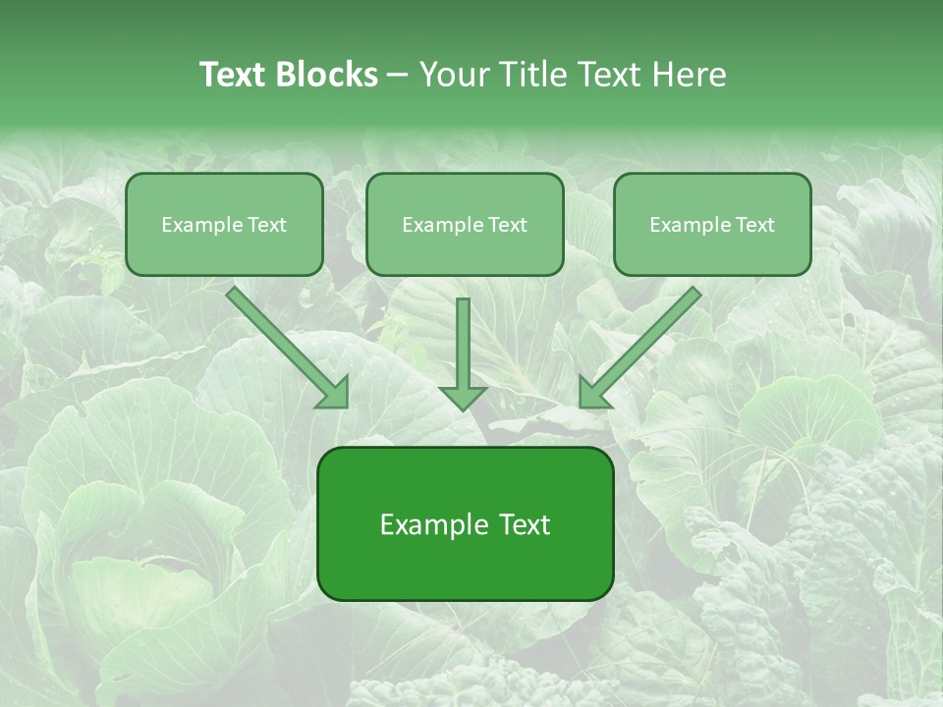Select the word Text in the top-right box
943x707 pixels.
coord(755,225)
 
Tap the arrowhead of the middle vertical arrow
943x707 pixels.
coord(463,397)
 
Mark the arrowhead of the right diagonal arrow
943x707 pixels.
coord(593,393)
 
